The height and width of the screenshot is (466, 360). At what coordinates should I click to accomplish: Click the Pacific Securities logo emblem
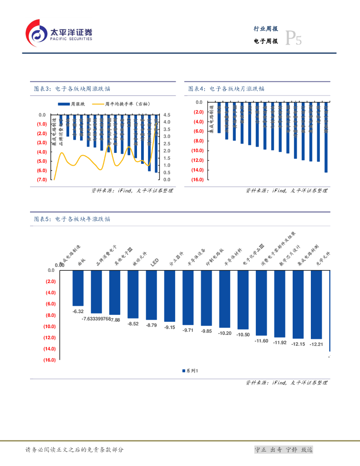(x=36, y=33)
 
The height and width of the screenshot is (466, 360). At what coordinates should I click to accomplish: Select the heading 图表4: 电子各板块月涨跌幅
(x=226, y=89)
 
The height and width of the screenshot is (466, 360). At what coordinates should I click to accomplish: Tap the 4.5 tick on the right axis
(x=167, y=115)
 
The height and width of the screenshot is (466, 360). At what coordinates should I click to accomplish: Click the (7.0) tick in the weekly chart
(x=41, y=180)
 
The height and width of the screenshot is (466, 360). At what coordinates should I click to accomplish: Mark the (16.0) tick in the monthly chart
(x=197, y=180)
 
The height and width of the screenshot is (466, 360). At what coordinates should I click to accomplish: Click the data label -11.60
(x=261, y=341)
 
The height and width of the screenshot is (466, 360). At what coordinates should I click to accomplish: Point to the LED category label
(x=154, y=263)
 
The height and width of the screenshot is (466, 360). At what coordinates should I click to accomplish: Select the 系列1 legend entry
(x=190, y=371)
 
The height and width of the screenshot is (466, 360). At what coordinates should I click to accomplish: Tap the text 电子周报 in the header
(x=266, y=41)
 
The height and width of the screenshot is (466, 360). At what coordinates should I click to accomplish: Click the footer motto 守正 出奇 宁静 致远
(x=284, y=450)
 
